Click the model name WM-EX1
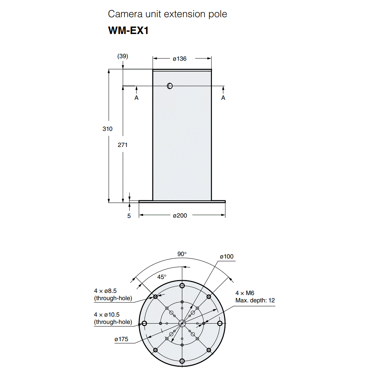pyautogui.click(x=128, y=30)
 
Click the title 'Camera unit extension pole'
pyautogui.click(x=167, y=14)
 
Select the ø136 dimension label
pyautogui.click(x=180, y=58)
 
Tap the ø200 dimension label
pyautogui.click(x=180, y=216)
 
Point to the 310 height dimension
pyautogui.click(x=107, y=129)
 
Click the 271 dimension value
pyautogui.click(x=123, y=145)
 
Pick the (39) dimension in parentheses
pyautogui.click(x=123, y=56)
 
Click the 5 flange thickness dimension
pyautogui.click(x=129, y=216)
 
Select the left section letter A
pyautogui.click(x=137, y=98)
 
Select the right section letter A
pyautogui.click(x=223, y=98)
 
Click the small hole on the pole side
pyautogui.click(x=169, y=86)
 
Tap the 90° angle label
pyautogui.click(x=182, y=254)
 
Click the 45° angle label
pyautogui.click(x=162, y=277)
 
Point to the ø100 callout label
pyautogui.click(x=227, y=257)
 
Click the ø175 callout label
pyautogui.click(x=121, y=339)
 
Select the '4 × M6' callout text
pyautogui.click(x=245, y=293)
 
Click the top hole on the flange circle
pyautogui.click(x=182, y=286)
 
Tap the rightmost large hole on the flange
pyautogui.click(x=220, y=324)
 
